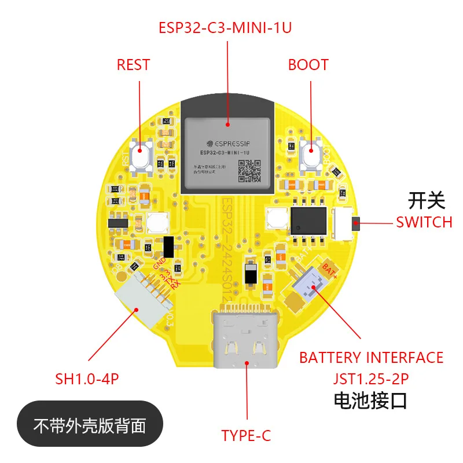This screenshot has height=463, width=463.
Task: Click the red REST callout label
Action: (x=133, y=64)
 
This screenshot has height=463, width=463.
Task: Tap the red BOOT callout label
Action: (x=308, y=64)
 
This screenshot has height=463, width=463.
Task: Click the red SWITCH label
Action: (x=424, y=222)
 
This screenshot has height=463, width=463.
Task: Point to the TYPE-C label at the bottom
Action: (x=246, y=435)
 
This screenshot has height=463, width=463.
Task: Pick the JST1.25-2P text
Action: (x=371, y=379)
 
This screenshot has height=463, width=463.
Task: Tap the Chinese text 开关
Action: (x=427, y=200)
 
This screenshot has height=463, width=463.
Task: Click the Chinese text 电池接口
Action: (x=370, y=400)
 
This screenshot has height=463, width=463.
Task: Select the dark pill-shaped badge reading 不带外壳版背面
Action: (x=90, y=427)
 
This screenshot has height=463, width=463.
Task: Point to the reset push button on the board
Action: (x=141, y=155)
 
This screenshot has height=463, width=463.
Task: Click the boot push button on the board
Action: (x=311, y=155)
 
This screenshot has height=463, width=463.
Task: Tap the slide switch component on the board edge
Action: (x=346, y=223)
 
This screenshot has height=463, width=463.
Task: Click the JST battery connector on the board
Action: (x=313, y=286)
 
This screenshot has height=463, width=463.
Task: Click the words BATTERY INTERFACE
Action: (x=371, y=358)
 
